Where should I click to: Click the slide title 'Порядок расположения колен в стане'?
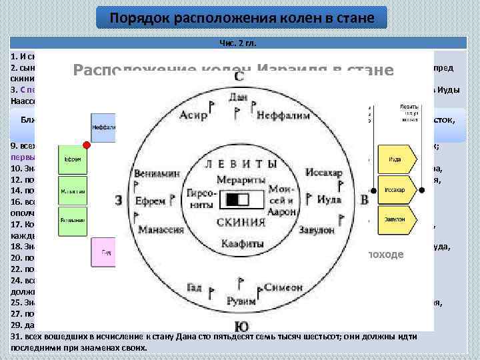point(241,17)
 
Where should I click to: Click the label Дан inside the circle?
point(238,97)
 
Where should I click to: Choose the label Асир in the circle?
point(193,115)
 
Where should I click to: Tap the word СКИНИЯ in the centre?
point(241,222)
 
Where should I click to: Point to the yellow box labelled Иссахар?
point(394,190)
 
